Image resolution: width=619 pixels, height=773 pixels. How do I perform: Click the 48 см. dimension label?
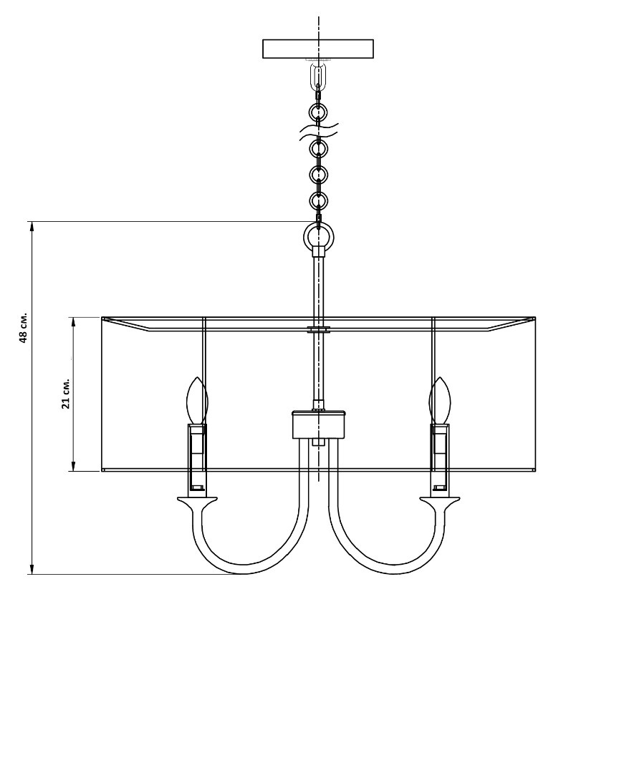[x=24, y=328]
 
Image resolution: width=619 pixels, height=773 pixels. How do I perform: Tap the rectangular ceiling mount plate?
[x=318, y=49]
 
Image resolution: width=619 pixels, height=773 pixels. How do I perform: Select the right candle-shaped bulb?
[x=441, y=400]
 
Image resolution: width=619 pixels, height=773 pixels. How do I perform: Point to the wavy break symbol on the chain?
[x=319, y=132]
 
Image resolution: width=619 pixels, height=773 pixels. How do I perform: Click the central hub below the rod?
[x=319, y=424]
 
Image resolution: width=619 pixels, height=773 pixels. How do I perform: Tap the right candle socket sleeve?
[x=441, y=457]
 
